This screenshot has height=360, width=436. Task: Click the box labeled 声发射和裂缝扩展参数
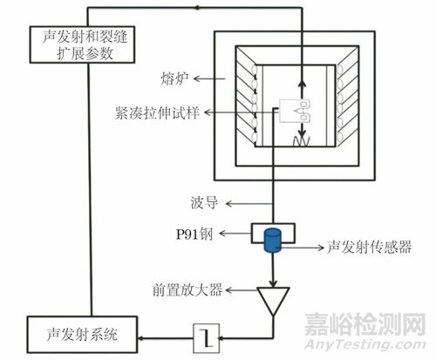82,44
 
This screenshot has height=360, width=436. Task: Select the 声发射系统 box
82,335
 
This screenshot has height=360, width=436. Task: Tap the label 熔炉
174,78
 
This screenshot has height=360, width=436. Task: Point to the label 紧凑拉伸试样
157,112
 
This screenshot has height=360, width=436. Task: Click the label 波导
204,203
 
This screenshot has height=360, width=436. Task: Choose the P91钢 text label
194,234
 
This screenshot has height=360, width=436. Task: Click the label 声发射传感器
369,247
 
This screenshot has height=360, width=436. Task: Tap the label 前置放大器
187,289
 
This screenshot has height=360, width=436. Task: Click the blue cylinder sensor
273,240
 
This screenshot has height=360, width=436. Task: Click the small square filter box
207,338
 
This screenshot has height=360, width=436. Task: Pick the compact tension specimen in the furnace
294,111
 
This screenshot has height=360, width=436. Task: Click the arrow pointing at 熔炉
209,78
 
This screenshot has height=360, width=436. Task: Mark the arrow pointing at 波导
249,204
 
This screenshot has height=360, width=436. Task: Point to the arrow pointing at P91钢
235,233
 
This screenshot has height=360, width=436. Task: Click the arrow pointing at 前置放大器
242,290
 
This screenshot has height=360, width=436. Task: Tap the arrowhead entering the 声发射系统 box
141,338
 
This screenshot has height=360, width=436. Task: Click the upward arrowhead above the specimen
303,84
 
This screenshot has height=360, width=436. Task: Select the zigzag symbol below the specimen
301,141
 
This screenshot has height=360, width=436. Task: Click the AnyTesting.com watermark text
364,344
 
